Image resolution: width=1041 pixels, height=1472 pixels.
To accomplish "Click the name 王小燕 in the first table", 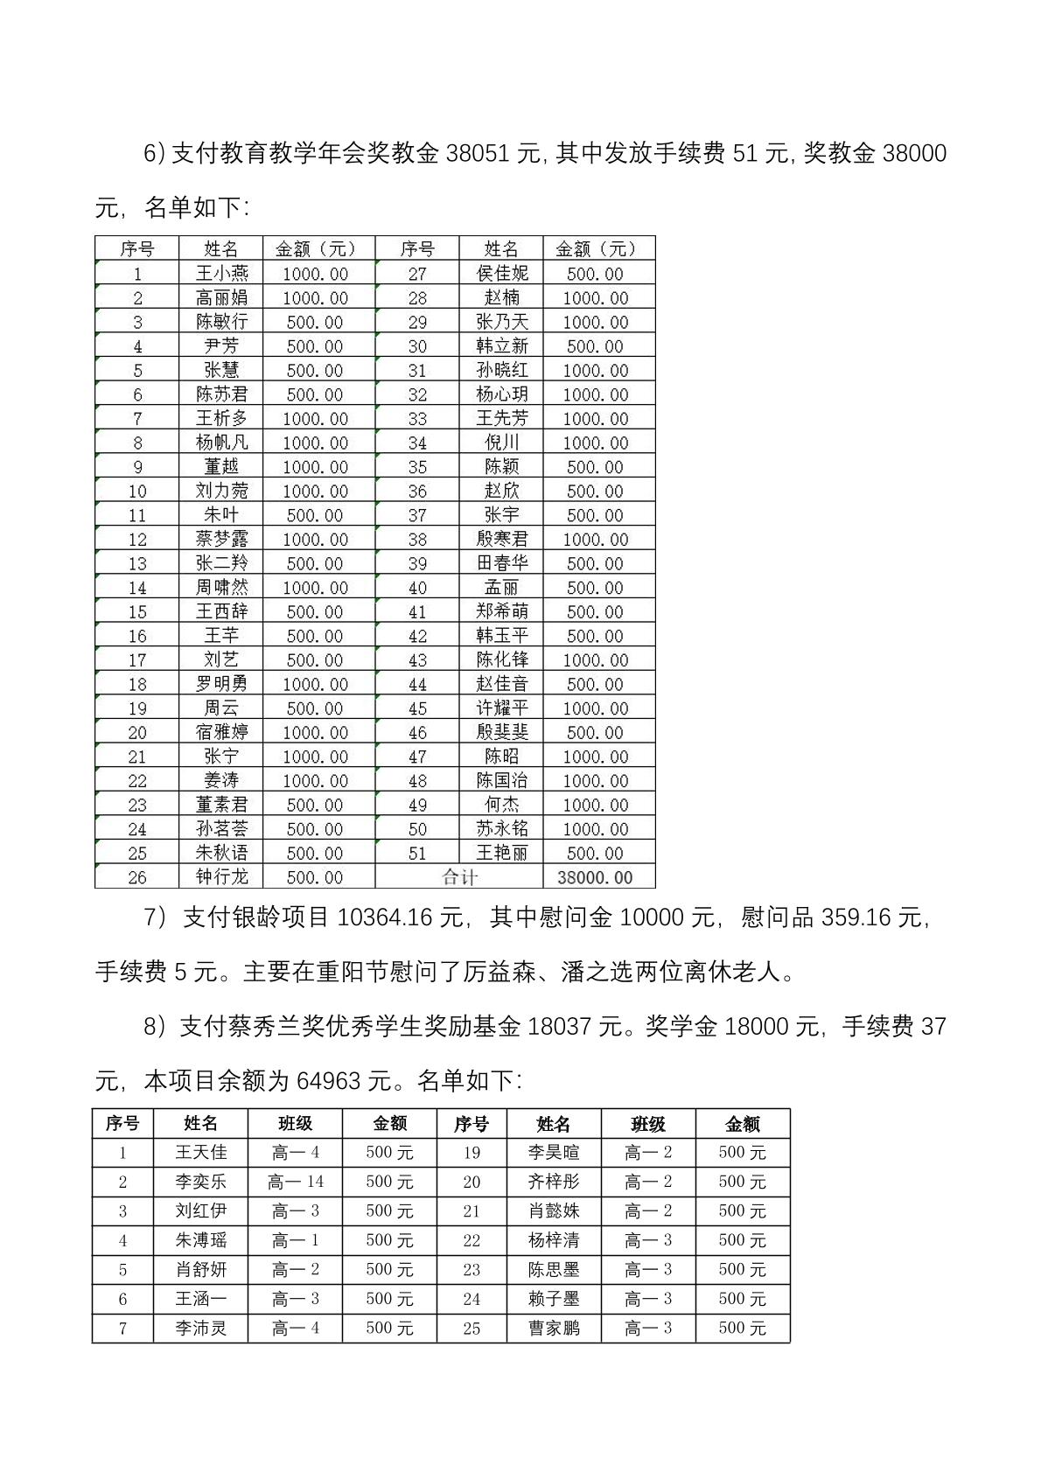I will (221, 274).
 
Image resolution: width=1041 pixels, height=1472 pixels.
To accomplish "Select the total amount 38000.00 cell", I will (595, 877).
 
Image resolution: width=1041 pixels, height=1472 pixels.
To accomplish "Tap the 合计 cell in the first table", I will (459, 877).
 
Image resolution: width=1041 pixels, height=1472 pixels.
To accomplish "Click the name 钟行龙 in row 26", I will (221, 877).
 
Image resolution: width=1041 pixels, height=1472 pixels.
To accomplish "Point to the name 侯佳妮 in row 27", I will (502, 274).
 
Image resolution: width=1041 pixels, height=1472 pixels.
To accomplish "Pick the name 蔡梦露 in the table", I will (221, 540).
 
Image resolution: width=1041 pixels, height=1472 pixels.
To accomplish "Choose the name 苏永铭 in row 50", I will (502, 829).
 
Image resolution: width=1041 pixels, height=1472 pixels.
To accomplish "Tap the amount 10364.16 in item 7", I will (400, 917).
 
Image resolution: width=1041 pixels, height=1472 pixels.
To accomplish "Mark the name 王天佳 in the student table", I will (200, 1153).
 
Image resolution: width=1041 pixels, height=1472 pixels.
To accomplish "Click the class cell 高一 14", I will (296, 1182).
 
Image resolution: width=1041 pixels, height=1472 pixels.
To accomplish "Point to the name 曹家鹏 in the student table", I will (554, 1329).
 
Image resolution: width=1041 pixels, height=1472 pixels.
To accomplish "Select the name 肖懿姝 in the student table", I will (554, 1211).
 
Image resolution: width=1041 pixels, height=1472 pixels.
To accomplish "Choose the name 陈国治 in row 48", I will (502, 781).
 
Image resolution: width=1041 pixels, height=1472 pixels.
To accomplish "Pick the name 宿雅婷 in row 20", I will (221, 733).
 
